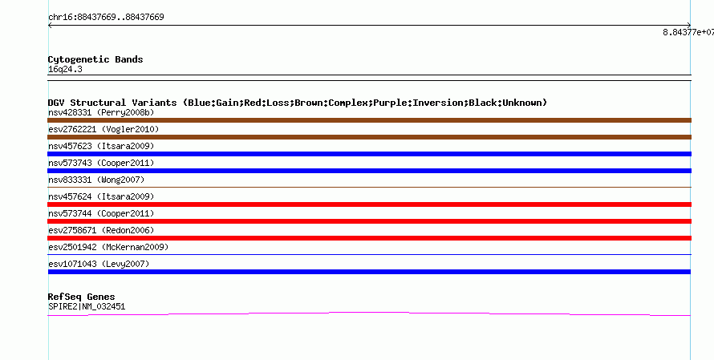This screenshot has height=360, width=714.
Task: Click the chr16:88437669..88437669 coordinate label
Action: point(106,18)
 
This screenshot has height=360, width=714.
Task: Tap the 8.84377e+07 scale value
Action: point(688,32)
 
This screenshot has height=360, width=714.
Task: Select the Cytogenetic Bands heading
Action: point(95,59)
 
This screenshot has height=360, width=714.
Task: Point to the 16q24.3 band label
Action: point(65,70)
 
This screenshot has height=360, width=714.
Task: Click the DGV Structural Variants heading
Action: point(298,103)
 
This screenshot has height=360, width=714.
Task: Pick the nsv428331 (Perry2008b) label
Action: point(101,112)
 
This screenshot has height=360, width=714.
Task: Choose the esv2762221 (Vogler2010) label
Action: point(103,129)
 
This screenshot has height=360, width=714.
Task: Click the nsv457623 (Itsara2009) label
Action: point(101,146)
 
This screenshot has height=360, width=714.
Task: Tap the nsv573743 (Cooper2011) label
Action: point(101,163)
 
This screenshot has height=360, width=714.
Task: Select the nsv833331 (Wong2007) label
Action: point(96,180)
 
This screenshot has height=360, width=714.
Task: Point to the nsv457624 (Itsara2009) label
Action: point(101,196)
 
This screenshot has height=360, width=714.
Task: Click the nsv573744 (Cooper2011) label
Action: point(101,213)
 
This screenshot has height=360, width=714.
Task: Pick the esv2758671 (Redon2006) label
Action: point(101,230)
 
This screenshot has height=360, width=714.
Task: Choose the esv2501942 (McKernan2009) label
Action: point(108,247)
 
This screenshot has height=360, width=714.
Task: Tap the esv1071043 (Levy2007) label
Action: point(99,264)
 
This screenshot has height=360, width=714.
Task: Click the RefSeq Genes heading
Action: point(82,297)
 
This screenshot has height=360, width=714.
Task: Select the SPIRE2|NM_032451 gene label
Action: point(87,307)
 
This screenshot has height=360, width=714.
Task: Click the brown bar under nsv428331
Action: point(369,120)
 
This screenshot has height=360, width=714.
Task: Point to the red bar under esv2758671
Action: point(369,238)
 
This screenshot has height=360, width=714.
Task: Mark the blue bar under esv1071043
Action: point(369,272)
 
